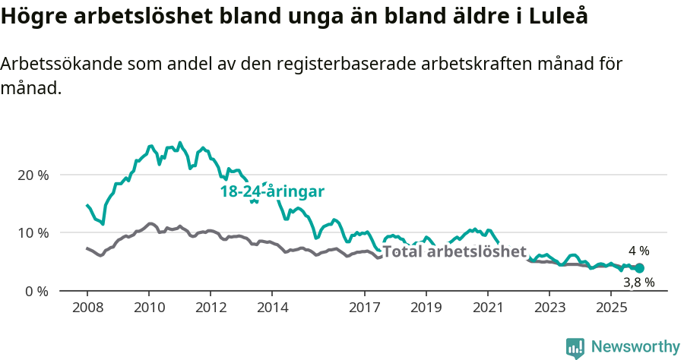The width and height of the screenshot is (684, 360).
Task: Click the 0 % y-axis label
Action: [37, 291]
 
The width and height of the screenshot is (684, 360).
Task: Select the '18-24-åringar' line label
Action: [272, 192]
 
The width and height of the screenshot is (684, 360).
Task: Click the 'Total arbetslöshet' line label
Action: [454, 251]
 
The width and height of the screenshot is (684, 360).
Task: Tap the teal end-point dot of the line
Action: [639, 268]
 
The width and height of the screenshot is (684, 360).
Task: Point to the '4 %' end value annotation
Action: [638, 251]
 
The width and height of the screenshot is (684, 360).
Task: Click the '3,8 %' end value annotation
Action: [638, 283]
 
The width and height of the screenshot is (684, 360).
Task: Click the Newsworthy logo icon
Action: [575, 347]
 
